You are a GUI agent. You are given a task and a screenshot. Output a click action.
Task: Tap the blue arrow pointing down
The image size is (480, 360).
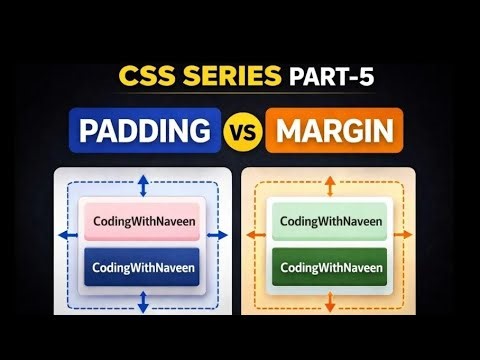tap(143, 299)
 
